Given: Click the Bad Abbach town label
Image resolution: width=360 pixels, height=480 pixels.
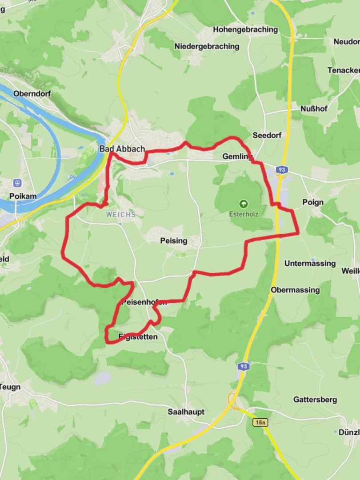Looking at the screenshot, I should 122,149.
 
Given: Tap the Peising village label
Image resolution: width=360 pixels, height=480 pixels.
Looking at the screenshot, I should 173,241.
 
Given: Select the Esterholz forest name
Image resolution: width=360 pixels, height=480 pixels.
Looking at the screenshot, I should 244,214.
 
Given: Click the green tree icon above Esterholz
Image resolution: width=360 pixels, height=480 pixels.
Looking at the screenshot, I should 244,204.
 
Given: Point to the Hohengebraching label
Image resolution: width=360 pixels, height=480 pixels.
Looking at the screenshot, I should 245,30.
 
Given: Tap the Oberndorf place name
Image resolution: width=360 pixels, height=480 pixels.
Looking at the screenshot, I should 32,94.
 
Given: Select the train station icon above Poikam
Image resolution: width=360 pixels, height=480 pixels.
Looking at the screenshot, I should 18,182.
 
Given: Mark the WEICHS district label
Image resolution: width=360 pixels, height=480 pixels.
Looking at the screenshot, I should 120,214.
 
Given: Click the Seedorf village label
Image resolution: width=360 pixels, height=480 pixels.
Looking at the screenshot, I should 267,135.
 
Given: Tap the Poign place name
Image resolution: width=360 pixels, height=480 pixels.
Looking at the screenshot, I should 313,202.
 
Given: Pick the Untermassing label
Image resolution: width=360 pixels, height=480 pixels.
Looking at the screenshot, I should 310,264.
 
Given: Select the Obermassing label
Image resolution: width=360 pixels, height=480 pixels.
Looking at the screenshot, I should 295,290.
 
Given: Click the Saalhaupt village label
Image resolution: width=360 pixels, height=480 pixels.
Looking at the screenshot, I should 186,412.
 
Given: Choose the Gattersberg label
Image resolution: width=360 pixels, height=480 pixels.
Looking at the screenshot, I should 315,400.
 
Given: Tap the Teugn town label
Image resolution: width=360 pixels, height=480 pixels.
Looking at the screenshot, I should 10,387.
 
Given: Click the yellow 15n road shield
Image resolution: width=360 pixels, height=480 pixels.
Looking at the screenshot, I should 261,422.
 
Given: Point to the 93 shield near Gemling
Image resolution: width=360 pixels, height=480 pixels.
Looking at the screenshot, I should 281,170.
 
